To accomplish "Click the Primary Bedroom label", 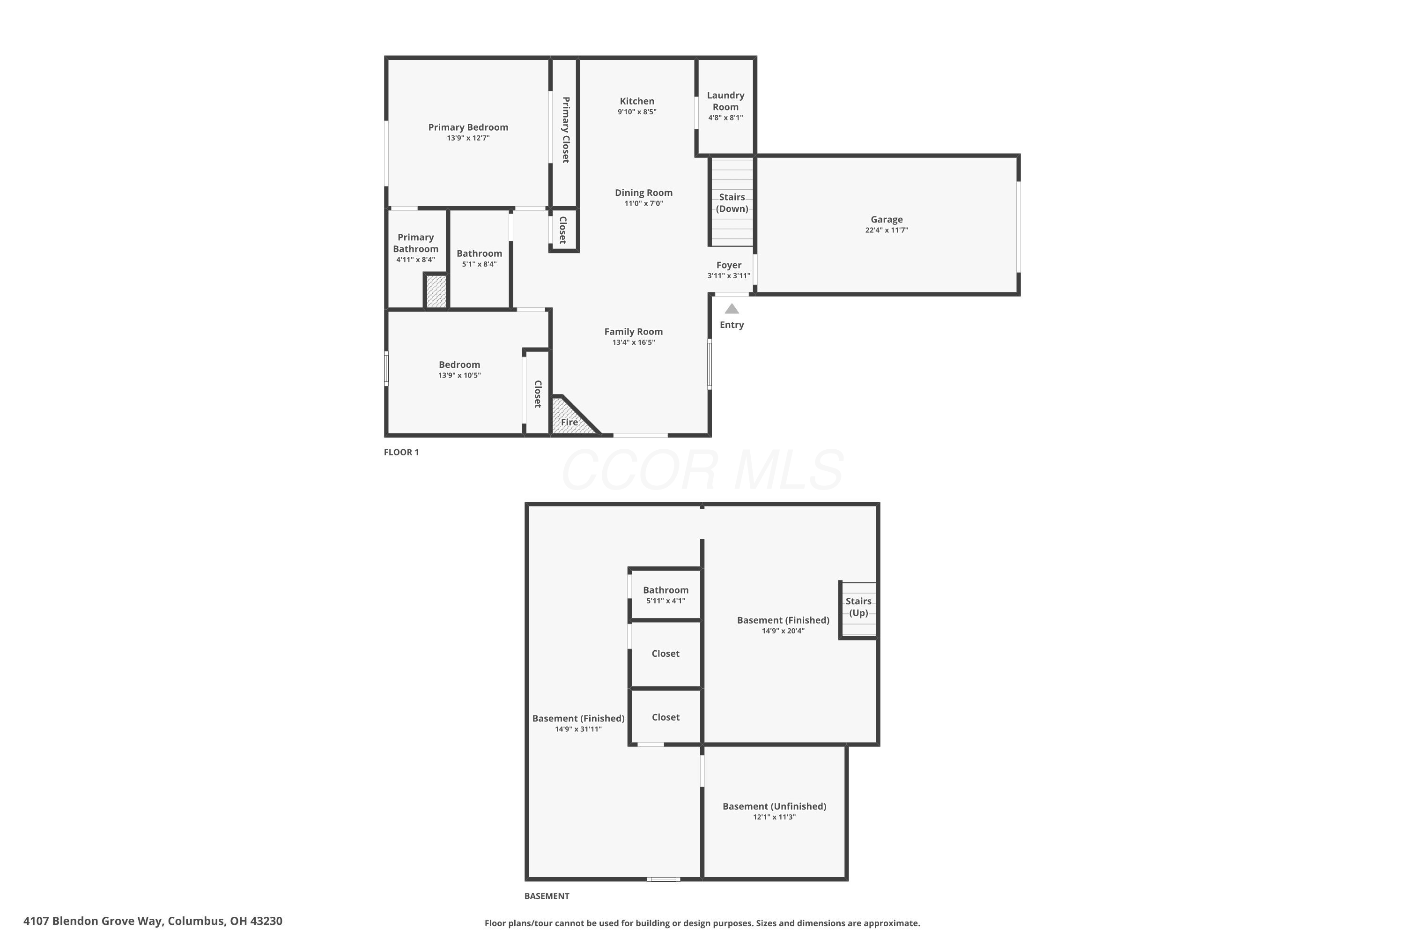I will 468,127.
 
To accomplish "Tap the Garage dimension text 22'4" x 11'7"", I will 887,230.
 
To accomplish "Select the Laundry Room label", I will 725,101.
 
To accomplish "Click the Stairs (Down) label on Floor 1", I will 732,202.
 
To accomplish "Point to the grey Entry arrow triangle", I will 732,309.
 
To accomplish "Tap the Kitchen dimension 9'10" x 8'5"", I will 637,112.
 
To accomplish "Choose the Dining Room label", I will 643,193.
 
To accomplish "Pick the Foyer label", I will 729,265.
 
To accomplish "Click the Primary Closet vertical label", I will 565,130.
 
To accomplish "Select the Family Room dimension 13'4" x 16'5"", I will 633,342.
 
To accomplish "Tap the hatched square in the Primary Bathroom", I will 436,291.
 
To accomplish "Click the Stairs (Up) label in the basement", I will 858,607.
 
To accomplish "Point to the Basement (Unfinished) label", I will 774,806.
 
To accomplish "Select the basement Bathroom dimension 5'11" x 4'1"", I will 666,601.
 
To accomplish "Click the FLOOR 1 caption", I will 401,453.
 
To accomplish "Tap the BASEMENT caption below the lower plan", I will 547,896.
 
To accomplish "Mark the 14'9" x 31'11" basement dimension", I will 577,729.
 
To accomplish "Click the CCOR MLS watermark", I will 702,470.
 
